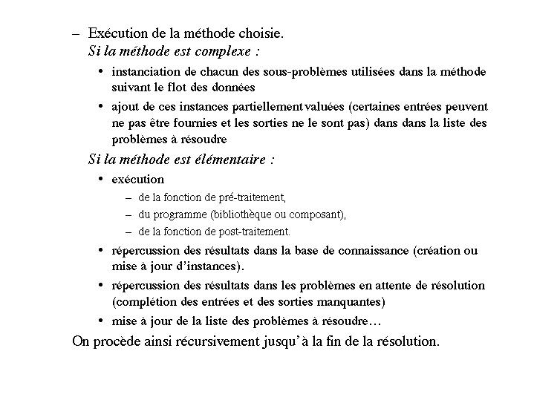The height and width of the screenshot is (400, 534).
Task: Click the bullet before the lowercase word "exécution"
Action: (x=101, y=180)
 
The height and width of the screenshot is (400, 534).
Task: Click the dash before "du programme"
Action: (x=130, y=215)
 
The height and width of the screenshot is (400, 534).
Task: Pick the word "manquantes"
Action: (x=353, y=302)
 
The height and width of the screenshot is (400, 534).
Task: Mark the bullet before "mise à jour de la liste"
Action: (x=101, y=322)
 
